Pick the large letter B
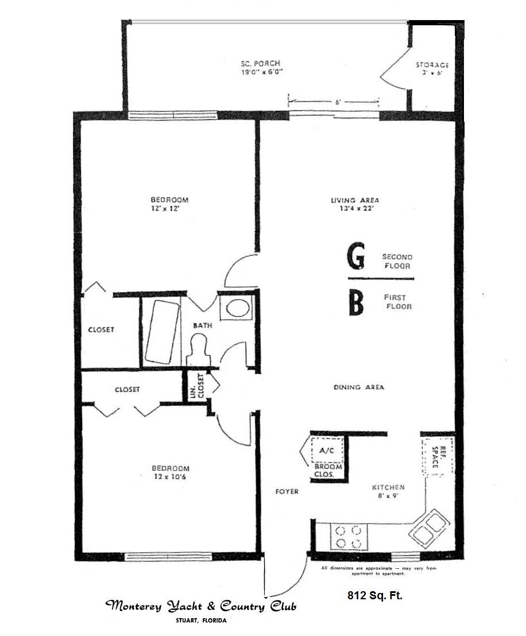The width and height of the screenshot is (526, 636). point(357,303)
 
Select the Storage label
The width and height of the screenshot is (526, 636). point(432,65)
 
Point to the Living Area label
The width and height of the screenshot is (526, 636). point(355,200)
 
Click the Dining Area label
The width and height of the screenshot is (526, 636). point(359,387)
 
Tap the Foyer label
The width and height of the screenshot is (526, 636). point(287,491)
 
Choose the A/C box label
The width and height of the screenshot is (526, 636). point(326,451)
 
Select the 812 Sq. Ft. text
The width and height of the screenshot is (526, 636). point(374,595)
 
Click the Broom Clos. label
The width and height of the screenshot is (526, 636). point(328,471)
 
